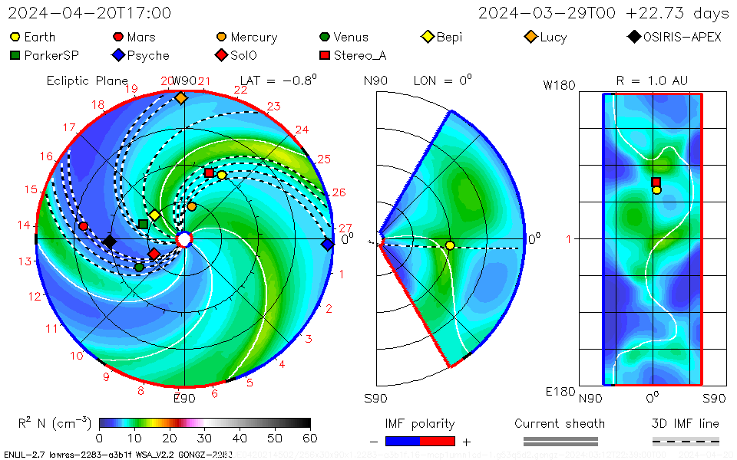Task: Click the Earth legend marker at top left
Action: pos(15,37)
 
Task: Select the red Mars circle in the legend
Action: pos(118,37)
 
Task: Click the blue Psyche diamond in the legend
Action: pos(118,55)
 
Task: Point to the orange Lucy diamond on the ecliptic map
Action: pos(180,97)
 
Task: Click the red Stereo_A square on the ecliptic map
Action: pos(209,172)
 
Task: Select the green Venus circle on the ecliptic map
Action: pos(139,268)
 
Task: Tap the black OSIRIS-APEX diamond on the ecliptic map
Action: pos(110,242)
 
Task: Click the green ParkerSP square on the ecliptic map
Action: pos(143,224)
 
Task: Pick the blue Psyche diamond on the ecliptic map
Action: pos(328,245)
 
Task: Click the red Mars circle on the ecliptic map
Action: pos(83,226)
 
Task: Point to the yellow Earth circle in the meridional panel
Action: pos(450,245)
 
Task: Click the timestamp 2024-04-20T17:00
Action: pos(90,13)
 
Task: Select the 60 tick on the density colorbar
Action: pos(309,438)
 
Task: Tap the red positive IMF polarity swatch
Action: pos(438,441)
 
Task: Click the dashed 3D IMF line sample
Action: pos(686,441)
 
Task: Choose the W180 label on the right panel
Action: pos(559,85)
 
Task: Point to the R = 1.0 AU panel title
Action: pos(652,80)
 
